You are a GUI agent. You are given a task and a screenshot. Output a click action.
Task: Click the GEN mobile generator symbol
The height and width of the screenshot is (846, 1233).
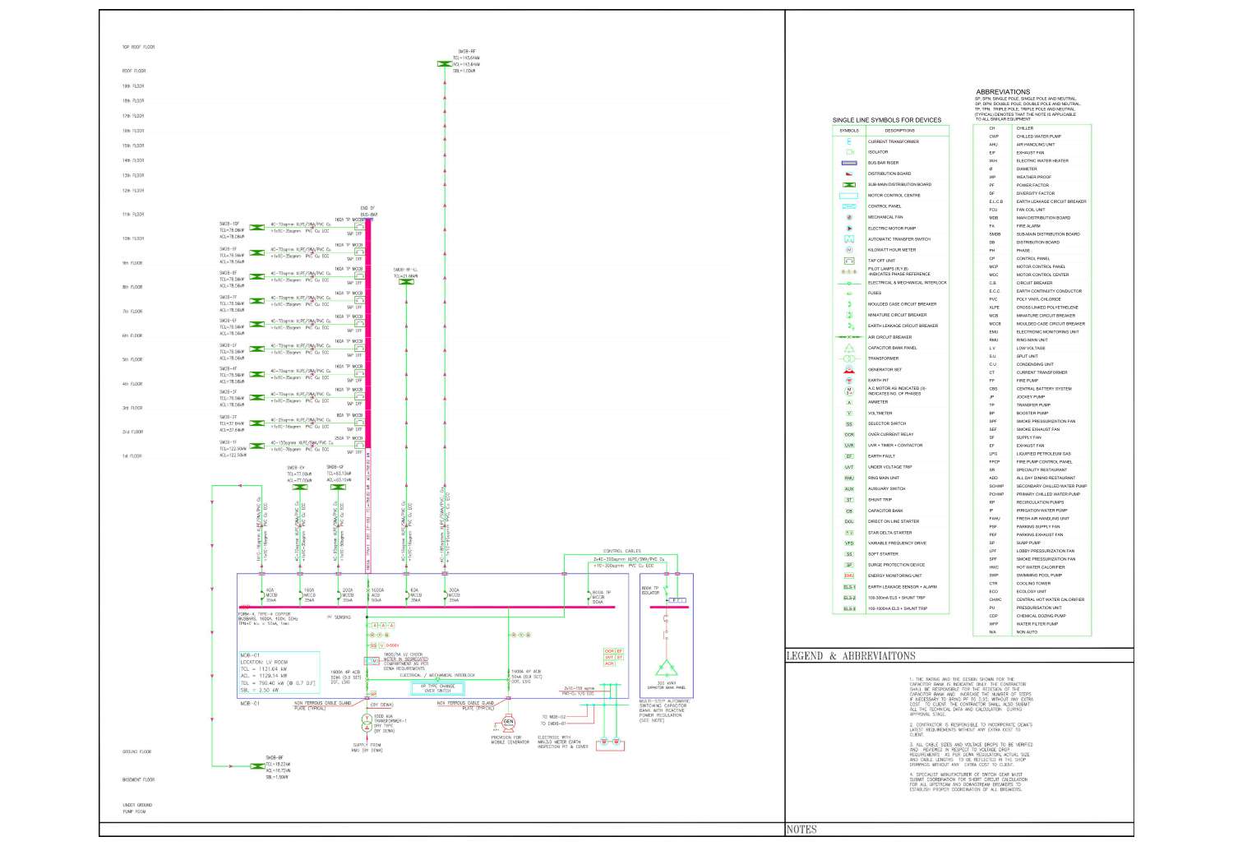point(508,722)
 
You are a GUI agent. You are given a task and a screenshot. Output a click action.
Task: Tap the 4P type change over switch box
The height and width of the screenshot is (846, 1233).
point(437,688)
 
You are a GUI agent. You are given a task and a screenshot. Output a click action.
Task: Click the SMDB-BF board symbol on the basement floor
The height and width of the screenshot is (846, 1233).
point(257,766)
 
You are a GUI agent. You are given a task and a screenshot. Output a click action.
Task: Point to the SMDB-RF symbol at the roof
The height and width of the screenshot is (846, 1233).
point(444,63)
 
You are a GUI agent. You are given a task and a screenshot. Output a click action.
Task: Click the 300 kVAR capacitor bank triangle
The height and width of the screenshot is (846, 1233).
point(666,668)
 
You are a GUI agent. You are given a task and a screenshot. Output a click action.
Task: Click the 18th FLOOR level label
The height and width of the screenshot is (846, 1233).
point(133,101)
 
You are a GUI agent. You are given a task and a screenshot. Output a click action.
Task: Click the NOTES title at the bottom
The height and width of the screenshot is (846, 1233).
point(801,830)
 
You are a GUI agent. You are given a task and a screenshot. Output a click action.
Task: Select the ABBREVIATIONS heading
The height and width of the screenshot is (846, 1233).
point(1003,92)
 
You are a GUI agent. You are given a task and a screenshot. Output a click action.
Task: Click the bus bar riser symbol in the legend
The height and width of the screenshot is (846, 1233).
point(849,163)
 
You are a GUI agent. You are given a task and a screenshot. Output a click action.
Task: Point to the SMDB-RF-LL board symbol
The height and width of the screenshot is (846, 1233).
point(406,282)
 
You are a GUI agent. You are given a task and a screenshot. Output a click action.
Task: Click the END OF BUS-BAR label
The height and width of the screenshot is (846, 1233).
point(367,211)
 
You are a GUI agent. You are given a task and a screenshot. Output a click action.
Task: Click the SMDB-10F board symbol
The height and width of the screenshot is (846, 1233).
point(257,227)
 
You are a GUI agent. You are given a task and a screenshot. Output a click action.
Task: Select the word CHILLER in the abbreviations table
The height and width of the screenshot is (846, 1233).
point(1025,128)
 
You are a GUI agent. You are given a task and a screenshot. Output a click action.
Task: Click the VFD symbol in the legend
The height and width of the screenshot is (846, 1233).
point(849,543)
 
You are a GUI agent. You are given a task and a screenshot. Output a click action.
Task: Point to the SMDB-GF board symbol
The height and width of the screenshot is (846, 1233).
point(337,488)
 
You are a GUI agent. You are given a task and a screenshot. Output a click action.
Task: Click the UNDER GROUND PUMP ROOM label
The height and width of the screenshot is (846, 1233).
point(137,808)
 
